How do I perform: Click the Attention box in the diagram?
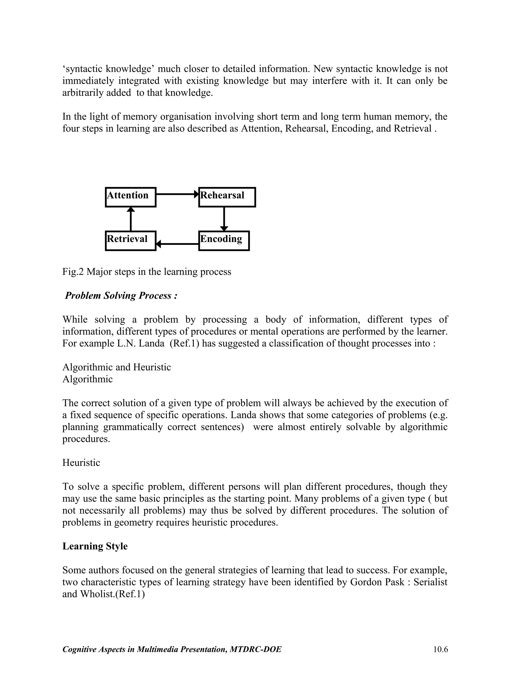tap(130, 197)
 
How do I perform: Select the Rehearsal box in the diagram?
tap(227, 197)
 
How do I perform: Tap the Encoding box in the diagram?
tap(224, 241)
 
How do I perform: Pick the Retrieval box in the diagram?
tap(130, 241)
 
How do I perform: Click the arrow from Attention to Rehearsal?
tap(177, 194)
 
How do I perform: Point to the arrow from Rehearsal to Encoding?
tap(224, 219)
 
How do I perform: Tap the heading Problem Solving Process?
tap(121, 295)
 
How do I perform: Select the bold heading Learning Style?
tap(95, 546)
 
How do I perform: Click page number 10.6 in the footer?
tap(440, 649)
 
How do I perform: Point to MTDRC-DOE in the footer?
tap(255, 649)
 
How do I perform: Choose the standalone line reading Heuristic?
tap(81, 463)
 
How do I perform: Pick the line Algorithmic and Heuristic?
tap(116, 367)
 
